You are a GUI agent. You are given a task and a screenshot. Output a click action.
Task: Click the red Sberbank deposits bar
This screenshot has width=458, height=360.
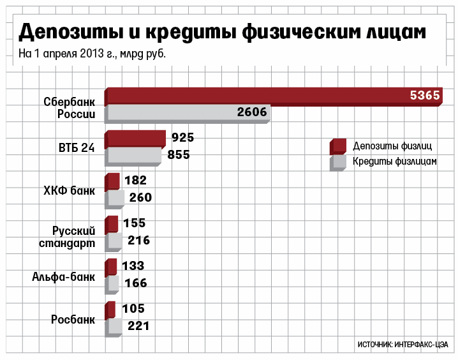[x=255, y=96]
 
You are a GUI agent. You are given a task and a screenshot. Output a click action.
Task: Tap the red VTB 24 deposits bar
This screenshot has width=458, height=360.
[x=135, y=139]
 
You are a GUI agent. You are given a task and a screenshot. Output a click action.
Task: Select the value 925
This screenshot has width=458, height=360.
[x=182, y=137]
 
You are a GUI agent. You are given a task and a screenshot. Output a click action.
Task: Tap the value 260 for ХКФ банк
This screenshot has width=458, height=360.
[x=140, y=198]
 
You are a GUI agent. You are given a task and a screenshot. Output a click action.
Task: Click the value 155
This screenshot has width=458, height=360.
[x=135, y=223]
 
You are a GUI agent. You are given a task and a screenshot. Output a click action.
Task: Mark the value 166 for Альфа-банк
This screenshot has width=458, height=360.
[x=135, y=283]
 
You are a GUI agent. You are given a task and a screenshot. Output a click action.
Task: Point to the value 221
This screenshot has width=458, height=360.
[x=138, y=326]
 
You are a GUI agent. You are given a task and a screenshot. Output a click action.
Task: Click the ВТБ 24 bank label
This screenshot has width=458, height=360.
[x=77, y=147]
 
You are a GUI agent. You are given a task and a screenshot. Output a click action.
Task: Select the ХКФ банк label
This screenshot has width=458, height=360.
[x=69, y=190]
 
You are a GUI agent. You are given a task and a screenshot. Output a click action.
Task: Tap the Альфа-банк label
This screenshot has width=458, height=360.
[x=64, y=276]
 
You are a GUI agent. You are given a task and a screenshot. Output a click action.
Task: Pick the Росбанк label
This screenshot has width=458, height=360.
[x=73, y=319]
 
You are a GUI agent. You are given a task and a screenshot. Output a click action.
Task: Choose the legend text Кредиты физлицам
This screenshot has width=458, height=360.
[x=395, y=162]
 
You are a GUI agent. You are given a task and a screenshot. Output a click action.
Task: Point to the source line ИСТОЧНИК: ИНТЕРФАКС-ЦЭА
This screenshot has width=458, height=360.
[x=403, y=344]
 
